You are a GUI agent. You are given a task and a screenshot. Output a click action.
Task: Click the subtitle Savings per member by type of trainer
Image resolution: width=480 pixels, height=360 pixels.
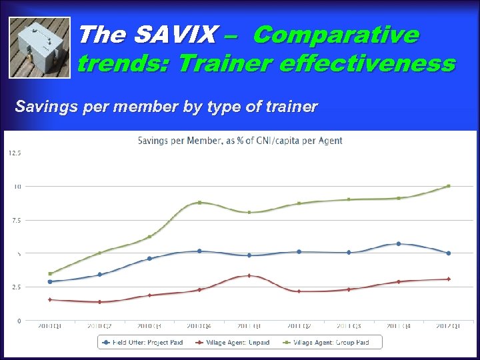(x=166, y=107)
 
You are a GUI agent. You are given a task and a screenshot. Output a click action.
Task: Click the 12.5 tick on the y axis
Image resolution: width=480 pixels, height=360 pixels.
(x=15, y=153)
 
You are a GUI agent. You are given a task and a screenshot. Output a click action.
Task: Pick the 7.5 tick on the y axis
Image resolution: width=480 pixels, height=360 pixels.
(x=15, y=220)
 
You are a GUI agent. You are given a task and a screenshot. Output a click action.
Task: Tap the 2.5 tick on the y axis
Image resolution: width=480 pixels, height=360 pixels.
(x=15, y=287)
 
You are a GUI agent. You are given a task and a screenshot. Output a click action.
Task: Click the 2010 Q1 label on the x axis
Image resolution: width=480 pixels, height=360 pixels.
(x=49, y=326)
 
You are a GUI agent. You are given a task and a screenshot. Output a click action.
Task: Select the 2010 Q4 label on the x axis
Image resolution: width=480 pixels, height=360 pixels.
(x=199, y=326)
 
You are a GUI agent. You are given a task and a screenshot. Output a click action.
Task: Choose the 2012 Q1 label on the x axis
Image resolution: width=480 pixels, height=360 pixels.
(x=448, y=326)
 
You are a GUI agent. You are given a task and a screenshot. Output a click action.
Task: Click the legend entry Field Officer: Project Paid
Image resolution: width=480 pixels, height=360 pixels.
(x=140, y=342)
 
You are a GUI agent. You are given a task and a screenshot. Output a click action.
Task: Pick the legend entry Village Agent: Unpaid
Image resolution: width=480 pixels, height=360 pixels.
(x=233, y=342)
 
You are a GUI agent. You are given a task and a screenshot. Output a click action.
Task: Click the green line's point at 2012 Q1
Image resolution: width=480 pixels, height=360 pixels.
(x=448, y=186)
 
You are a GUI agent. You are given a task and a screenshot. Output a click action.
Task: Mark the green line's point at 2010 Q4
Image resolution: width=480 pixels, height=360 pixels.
(x=199, y=202)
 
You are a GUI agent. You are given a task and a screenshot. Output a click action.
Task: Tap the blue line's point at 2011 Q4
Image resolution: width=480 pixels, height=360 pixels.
(x=399, y=244)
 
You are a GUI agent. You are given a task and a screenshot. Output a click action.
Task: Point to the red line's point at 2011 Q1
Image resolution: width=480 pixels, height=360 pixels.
(x=249, y=275)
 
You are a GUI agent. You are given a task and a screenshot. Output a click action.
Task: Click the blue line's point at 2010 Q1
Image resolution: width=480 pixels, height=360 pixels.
(x=50, y=281)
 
